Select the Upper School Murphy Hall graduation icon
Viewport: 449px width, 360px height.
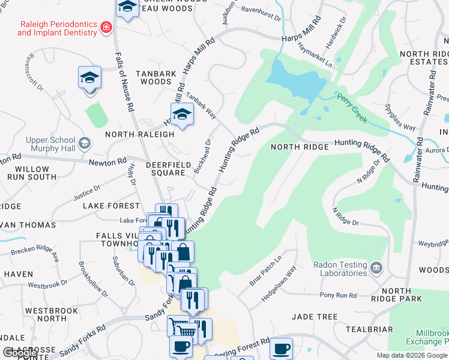85,143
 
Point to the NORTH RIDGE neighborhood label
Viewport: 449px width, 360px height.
300,147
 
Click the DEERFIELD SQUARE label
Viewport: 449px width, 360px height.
166,169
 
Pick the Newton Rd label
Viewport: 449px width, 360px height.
109,161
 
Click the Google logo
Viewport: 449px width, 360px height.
20,353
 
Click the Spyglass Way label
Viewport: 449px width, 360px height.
401,119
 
